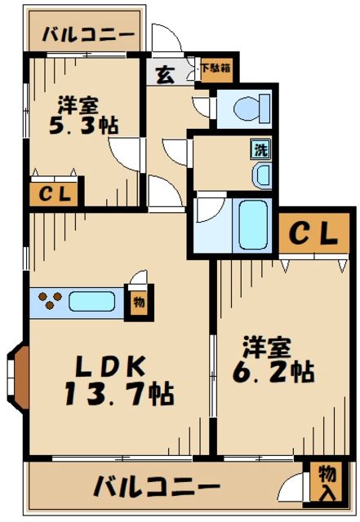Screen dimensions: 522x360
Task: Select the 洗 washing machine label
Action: click(258, 151)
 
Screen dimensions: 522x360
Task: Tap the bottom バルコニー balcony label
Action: click(157, 488)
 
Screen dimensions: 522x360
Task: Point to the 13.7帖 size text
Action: click(118, 394)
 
